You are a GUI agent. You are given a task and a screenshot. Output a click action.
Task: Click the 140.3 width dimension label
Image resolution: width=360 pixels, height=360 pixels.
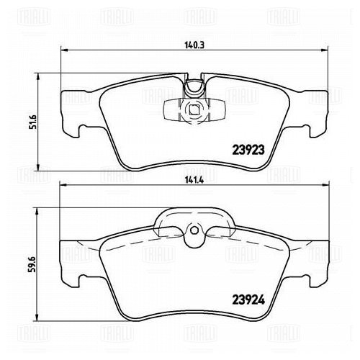[x=194, y=45]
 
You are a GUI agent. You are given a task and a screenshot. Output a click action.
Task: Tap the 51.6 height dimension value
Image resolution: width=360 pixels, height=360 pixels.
[x=32, y=122]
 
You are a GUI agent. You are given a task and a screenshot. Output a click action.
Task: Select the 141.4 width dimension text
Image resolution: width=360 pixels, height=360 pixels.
[x=194, y=180]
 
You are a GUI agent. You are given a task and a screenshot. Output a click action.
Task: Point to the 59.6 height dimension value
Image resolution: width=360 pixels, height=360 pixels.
[x=32, y=264]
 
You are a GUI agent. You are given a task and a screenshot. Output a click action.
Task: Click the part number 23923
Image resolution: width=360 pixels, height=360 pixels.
[x=248, y=150]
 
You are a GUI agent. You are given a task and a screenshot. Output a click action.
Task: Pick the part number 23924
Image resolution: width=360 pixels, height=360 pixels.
[x=248, y=300]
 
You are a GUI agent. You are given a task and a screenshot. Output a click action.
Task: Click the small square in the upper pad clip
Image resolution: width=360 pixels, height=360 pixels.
[x=194, y=110]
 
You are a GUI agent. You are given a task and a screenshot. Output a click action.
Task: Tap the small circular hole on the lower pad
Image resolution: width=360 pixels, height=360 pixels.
[x=194, y=230]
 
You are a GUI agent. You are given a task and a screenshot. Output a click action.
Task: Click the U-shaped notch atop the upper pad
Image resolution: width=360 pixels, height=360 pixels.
[x=194, y=89]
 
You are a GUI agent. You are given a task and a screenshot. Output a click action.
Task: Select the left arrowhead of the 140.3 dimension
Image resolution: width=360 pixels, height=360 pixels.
[x=63, y=50]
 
